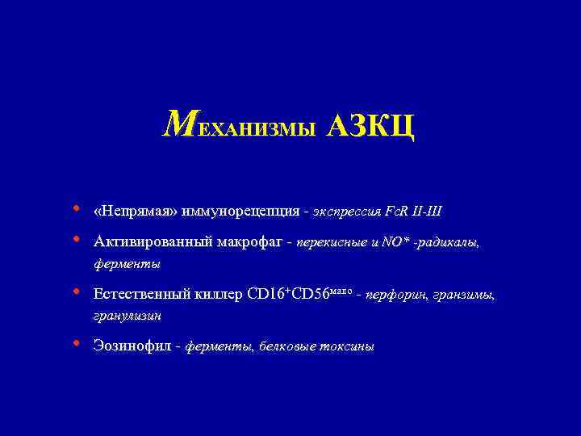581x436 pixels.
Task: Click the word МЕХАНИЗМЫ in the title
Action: [238, 126]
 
